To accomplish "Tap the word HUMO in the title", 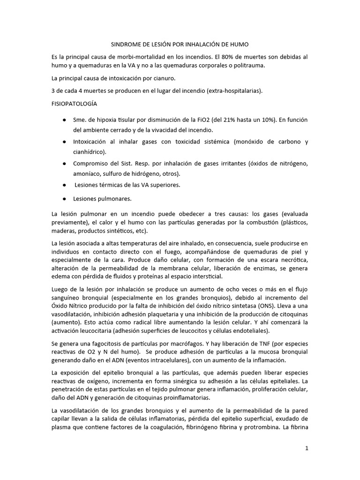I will [x=239, y=44].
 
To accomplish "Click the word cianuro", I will [x=174, y=77].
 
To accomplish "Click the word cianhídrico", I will [x=89, y=152].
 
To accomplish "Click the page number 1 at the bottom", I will [x=307, y=448].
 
